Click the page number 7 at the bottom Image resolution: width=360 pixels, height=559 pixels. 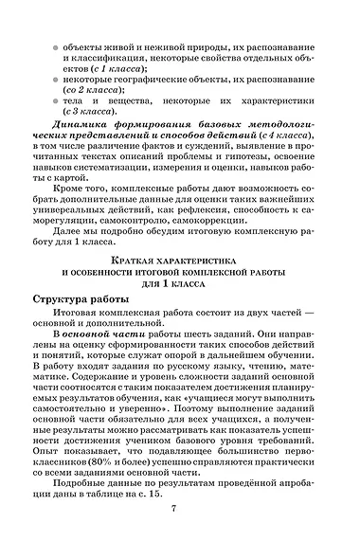tap(173, 509)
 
